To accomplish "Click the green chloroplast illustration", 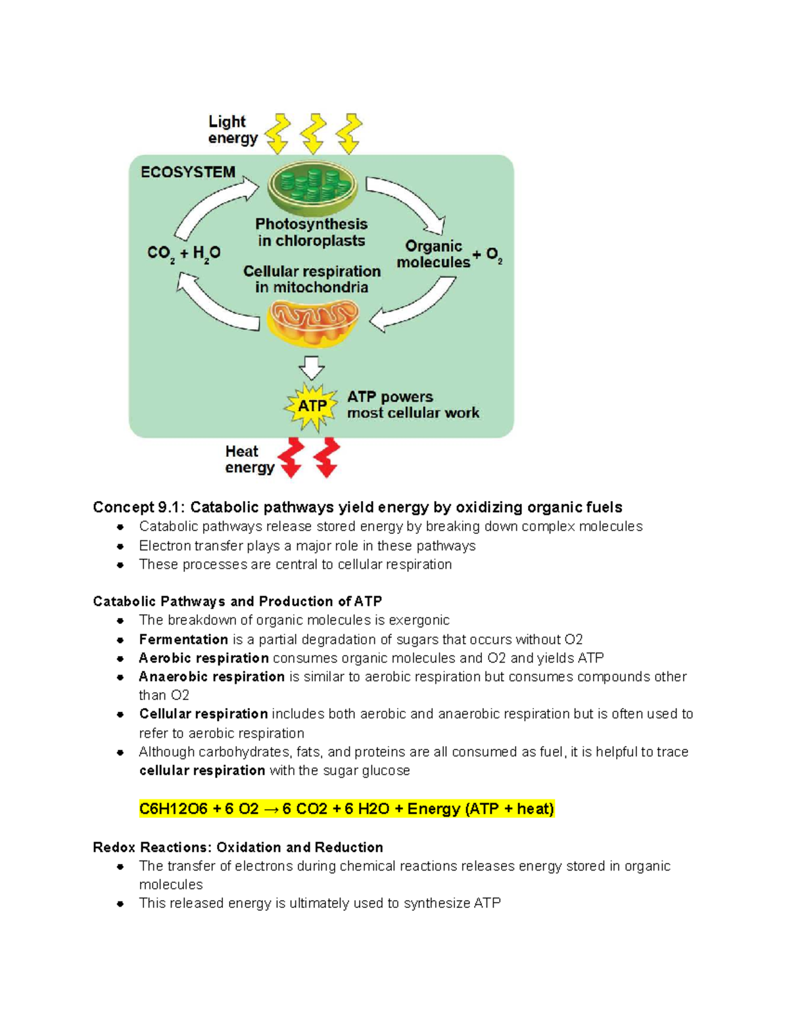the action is click(x=313, y=187).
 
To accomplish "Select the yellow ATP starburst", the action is click(x=312, y=406).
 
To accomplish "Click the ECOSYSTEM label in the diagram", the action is click(x=188, y=172).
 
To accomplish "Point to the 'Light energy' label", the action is click(x=232, y=130).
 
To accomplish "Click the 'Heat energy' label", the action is click(x=249, y=460).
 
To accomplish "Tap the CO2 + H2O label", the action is click(x=183, y=253).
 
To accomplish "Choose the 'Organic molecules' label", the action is click(x=433, y=254).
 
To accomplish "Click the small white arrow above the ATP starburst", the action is click(x=312, y=367).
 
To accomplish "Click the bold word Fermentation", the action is click(x=183, y=640).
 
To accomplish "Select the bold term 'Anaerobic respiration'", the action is click(x=212, y=677).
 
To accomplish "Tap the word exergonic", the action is click(x=419, y=621).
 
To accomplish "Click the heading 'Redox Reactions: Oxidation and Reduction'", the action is click(x=238, y=847).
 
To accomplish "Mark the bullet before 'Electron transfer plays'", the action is click(x=120, y=546).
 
